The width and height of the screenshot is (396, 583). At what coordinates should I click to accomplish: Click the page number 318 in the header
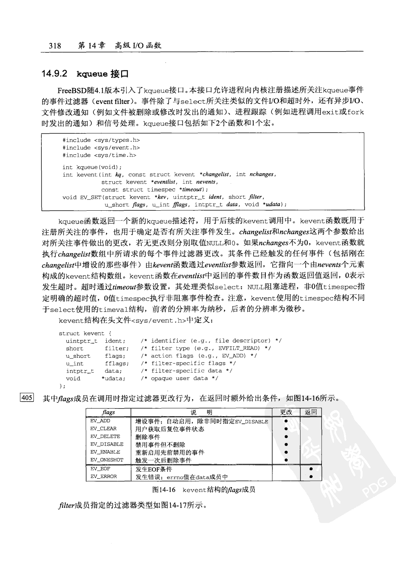(x=55, y=46)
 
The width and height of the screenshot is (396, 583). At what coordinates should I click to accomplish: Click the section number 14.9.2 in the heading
(x=54, y=74)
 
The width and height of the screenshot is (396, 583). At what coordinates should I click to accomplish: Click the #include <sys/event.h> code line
(x=101, y=147)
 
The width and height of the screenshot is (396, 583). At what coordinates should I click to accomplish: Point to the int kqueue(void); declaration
(x=92, y=167)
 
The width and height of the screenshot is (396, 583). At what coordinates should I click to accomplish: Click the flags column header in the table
(x=109, y=412)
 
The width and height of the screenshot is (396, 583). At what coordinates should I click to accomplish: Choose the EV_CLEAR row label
(x=103, y=429)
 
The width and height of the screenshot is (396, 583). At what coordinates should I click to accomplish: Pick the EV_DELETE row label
(x=105, y=436)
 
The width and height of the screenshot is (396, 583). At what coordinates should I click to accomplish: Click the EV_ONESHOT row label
(x=107, y=460)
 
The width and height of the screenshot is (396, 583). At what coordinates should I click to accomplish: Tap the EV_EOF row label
(x=100, y=469)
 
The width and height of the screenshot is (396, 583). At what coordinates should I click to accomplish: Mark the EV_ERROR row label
(x=104, y=476)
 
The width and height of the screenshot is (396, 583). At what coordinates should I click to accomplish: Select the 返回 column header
(x=311, y=412)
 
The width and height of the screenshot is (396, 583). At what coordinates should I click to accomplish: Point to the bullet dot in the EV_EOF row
(x=311, y=469)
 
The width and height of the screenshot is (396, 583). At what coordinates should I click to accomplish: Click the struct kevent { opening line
(x=85, y=333)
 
